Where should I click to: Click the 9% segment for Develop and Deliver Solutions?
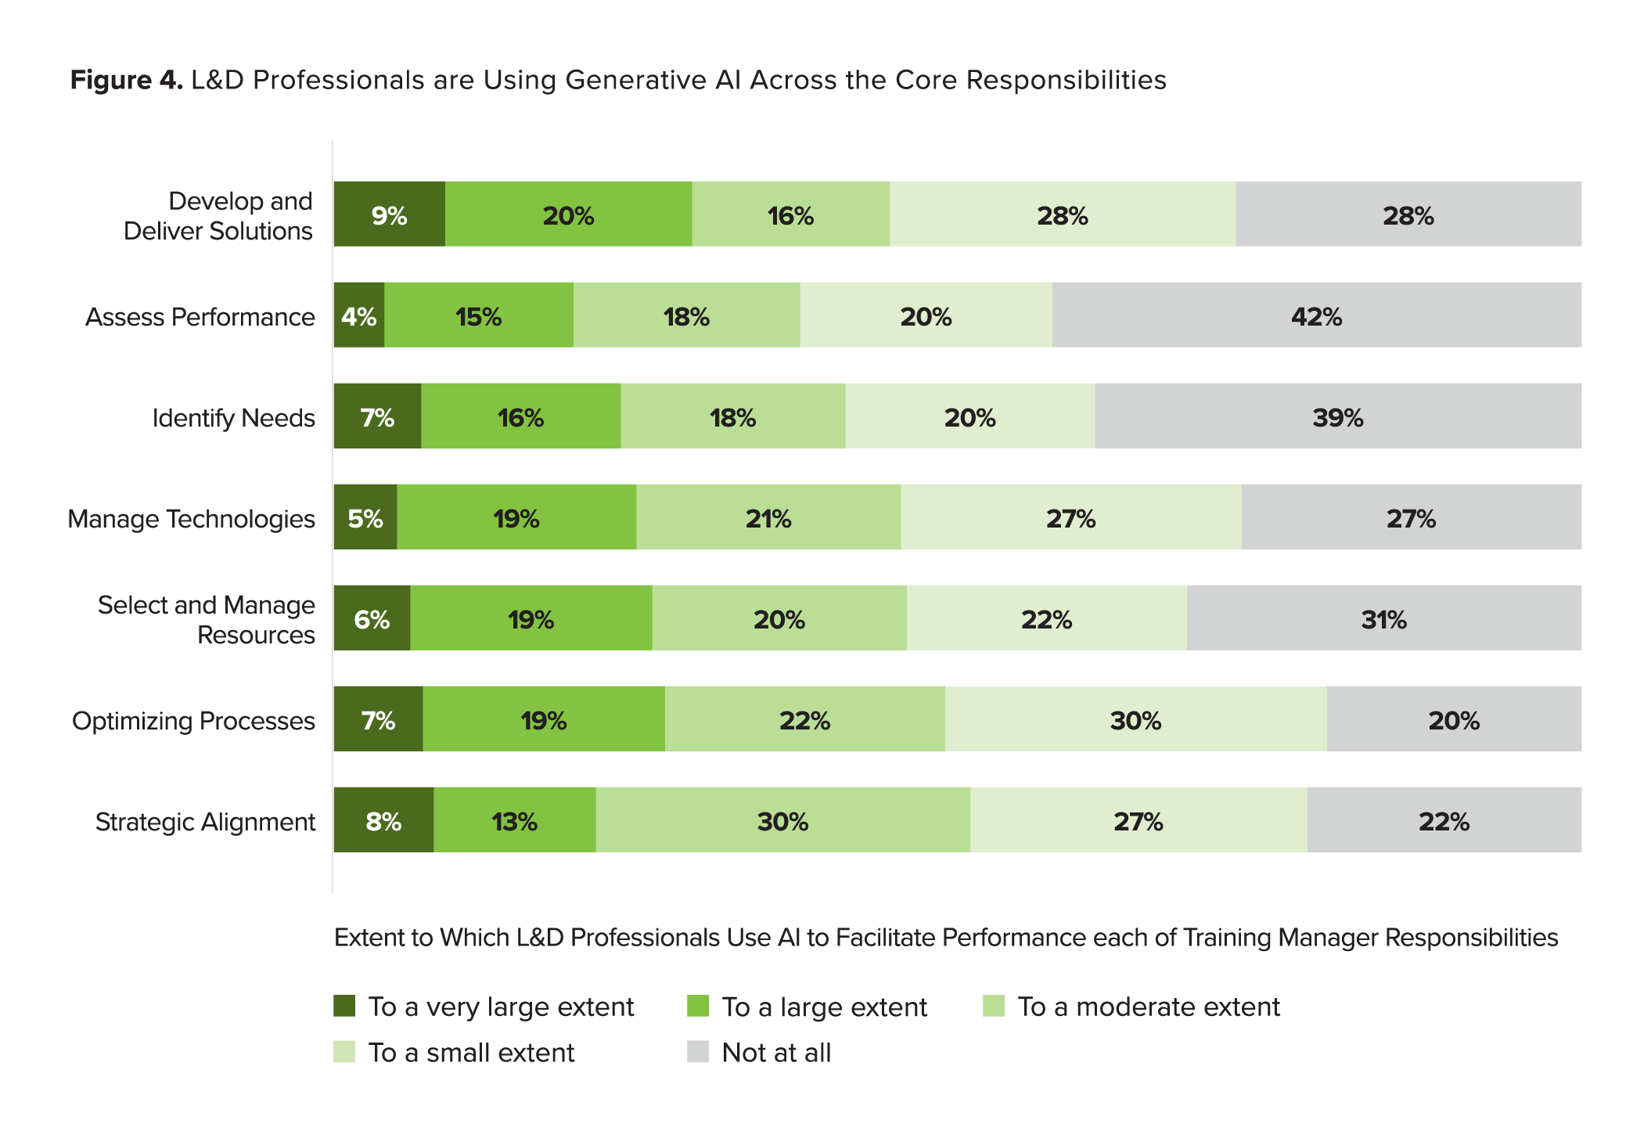[x=389, y=214]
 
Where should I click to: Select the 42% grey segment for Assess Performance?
[x=1316, y=315]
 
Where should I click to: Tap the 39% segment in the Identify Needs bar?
[x=1337, y=416]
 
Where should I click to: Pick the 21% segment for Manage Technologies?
[x=768, y=517]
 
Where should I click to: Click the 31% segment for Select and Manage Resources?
[x=1383, y=618]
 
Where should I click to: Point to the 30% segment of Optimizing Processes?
[x=1135, y=719]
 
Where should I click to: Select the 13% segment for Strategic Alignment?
[x=514, y=820]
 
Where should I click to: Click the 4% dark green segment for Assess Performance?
[x=359, y=315]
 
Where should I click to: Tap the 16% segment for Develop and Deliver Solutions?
[x=790, y=214]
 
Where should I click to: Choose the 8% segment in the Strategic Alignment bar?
[x=383, y=820]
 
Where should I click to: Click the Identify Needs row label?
[x=233, y=418]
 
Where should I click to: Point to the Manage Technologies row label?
[x=191, y=519]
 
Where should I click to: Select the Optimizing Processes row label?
[x=193, y=721]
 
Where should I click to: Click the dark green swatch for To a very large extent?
[x=344, y=1006]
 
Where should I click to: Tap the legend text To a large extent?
[x=824, y=1007]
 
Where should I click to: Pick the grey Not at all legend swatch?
[x=697, y=1051]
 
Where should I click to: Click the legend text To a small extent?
[x=471, y=1053]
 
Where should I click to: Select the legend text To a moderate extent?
[x=1148, y=1007]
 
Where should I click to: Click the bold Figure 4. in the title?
[x=126, y=80]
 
